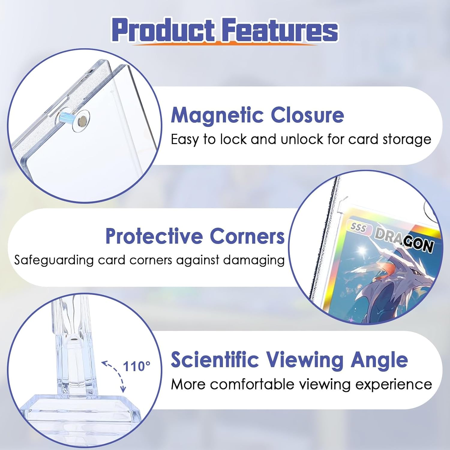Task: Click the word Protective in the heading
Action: click(x=154, y=236)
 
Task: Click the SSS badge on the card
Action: click(x=358, y=227)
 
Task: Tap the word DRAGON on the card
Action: click(x=404, y=240)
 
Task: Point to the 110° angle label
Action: click(x=136, y=366)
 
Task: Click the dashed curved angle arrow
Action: click(x=115, y=375)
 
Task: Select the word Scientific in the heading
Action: click(x=215, y=360)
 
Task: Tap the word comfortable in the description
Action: click(x=252, y=384)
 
